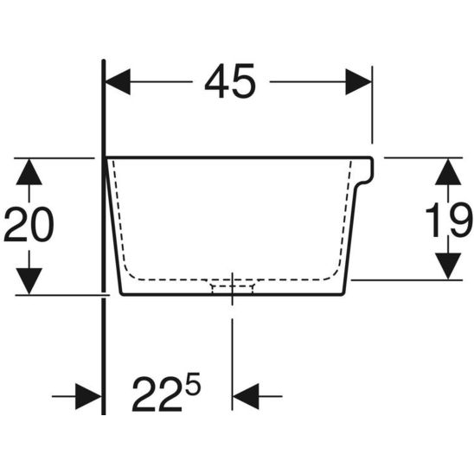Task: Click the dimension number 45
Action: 230,82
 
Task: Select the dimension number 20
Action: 29,226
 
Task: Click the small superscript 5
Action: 194,383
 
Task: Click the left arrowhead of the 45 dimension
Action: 118,82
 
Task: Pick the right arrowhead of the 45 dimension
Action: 358,82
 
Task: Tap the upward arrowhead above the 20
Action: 29,170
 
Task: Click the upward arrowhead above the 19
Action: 447,171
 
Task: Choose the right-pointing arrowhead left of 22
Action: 88,397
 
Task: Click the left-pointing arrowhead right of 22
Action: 247,397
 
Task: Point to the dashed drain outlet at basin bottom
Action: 231,285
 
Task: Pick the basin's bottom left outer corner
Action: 121,293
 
